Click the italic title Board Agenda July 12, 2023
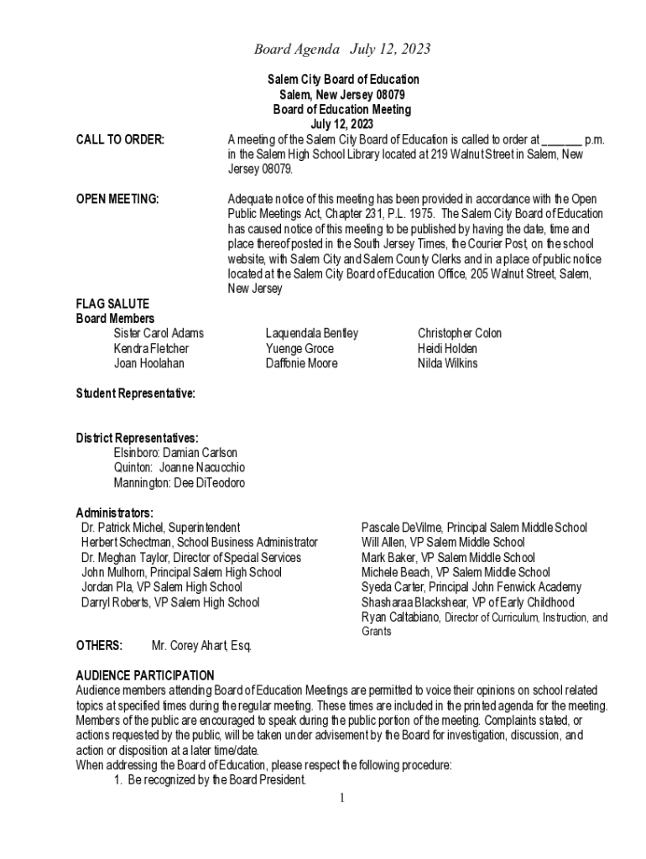tap(342, 49)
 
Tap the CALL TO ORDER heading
tap(120, 139)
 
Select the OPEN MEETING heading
tap(117, 200)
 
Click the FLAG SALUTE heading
tap(112, 304)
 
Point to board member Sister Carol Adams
tap(159, 334)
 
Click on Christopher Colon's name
tap(460, 334)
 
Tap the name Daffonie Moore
tap(301, 364)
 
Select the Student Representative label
tap(136, 393)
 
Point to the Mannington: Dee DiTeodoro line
tap(180, 483)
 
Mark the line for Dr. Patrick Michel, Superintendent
tap(160, 528)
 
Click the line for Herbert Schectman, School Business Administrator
tap(200, 544)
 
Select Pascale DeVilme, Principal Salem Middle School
tap(474, 528)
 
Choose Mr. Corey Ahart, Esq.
tap(201, 647)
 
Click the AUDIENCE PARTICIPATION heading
tap(145, 676)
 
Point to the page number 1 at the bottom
tap(342, 798)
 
